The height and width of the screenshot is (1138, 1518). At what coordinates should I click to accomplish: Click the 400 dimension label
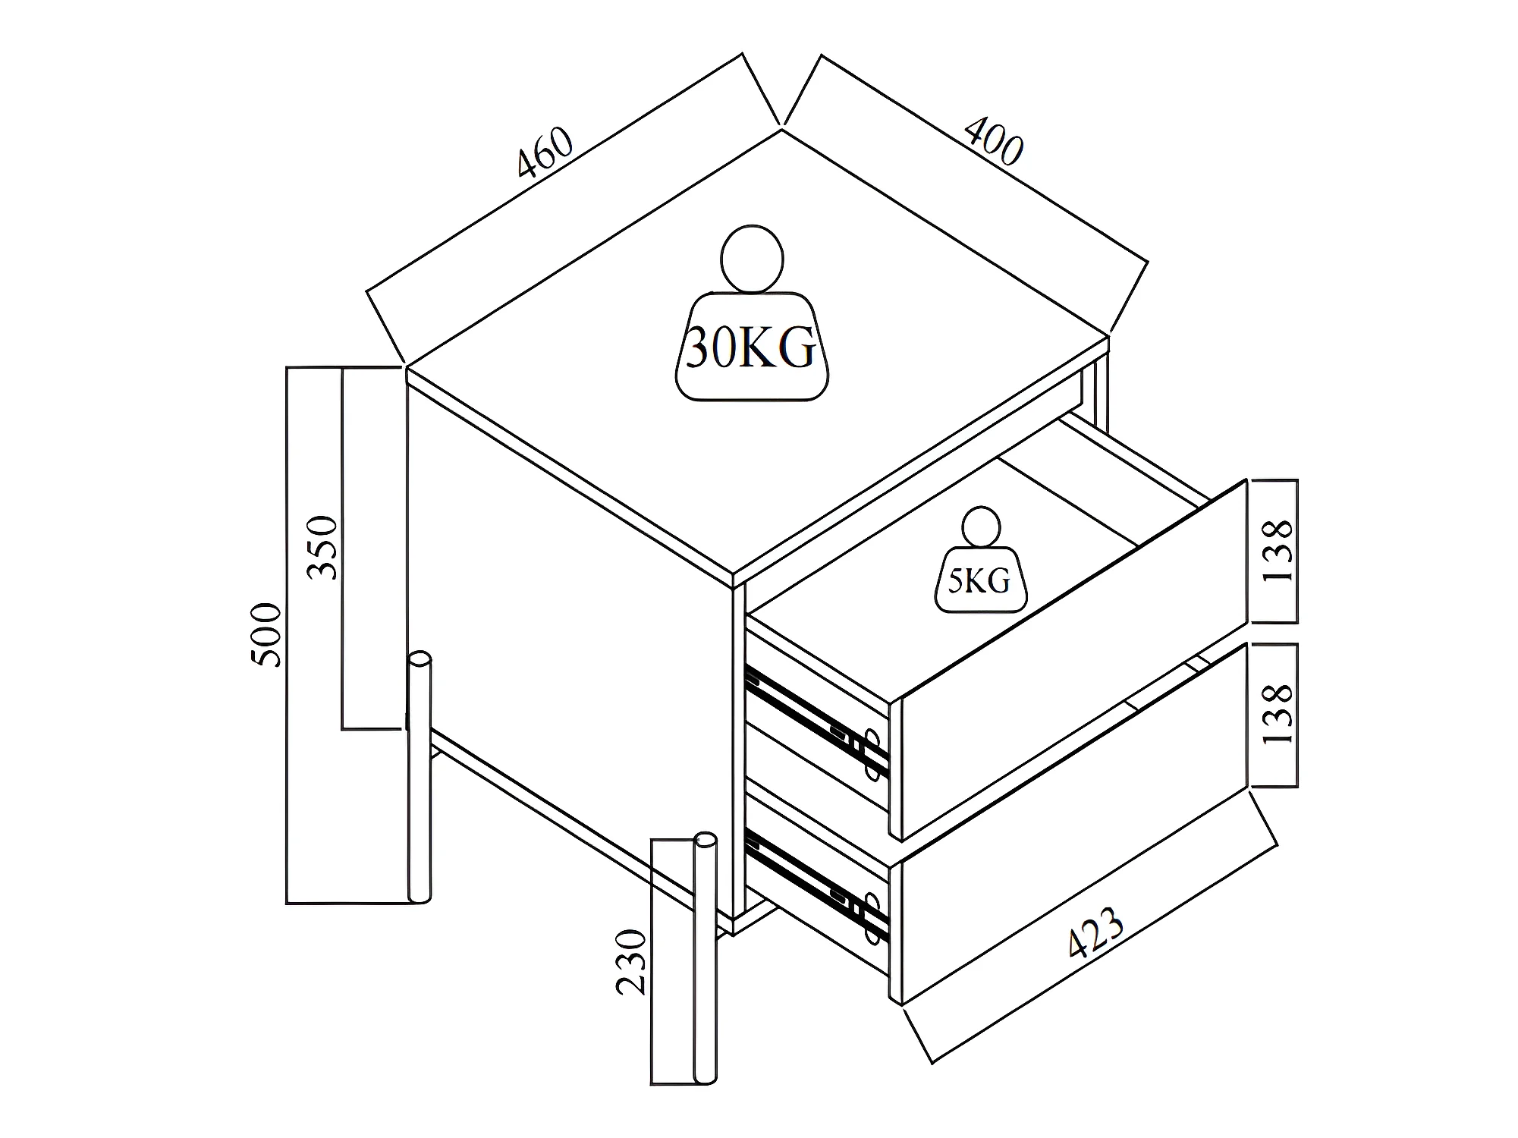coord(994,141)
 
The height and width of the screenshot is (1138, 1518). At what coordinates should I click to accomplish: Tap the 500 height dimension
coord(266,635)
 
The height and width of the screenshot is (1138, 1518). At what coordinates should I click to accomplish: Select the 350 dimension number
coord(322,548)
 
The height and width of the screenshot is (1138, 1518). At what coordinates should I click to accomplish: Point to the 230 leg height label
coord(630,962)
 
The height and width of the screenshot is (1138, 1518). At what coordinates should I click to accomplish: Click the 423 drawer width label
coord(1095,932)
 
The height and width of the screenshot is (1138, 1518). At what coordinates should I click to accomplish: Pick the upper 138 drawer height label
coord(1278,551)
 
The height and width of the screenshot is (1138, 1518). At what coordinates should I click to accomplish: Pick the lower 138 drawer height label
coord(1278,714)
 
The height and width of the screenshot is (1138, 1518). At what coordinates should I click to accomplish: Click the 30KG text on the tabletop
coord(751,348)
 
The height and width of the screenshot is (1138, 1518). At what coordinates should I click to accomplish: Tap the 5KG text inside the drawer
coord(979,581)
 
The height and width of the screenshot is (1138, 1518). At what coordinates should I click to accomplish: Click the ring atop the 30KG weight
coord(752,259)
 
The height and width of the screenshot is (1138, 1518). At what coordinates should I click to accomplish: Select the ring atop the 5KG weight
coord(980,527)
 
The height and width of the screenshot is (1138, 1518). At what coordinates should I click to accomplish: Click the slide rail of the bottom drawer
coord(816,882)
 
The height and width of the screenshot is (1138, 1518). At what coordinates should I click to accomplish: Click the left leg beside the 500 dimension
coord(419,778)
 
